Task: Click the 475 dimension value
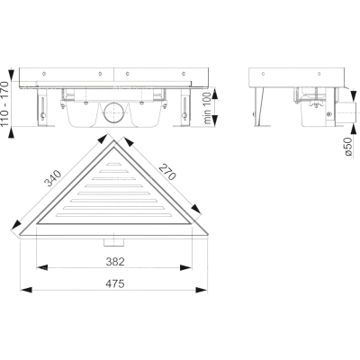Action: click(x=114, y=283)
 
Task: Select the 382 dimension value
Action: click(x=115, y=262)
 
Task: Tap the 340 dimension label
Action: click(x=53, y=178)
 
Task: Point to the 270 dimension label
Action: click(x=167, y=172)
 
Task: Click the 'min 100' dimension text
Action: click(x=207, y=108)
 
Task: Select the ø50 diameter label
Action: click(x=348, y=146)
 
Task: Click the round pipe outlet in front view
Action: click(x=112, y=112)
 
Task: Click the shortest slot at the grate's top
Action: click(x=113, y=164)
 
